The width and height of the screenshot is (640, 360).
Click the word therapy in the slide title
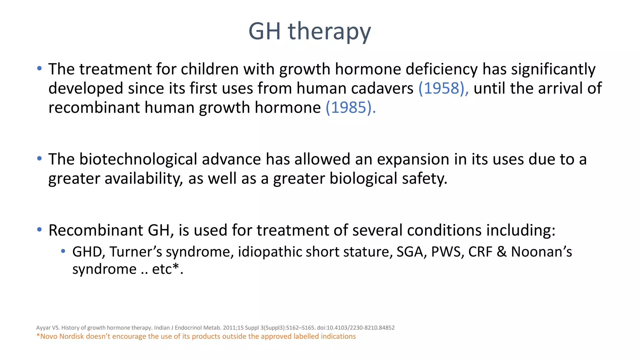click(x=329, y=32)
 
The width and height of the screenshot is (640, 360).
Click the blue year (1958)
click(x=443, y=88)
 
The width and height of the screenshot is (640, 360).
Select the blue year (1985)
click(x=350, y=107)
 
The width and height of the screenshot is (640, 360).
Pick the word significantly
click(x=553, y=69)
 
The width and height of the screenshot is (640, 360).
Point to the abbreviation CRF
click(x=480, y=252)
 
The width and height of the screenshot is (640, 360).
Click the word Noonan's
click(x=541, y=252)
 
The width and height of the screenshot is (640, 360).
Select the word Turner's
click(x=136, y=252)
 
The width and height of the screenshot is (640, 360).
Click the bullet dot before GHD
click(x=63, y=251)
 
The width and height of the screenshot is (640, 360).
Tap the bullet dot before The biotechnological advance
click(x=39, y=159)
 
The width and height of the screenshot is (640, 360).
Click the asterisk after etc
click(x=176, y=267)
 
